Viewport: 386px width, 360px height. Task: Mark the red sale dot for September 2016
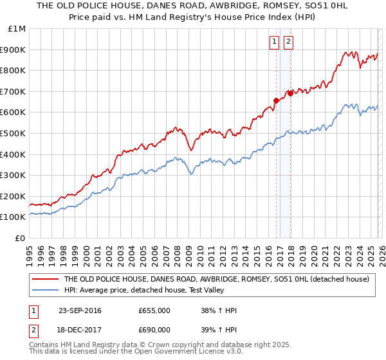point(276,100)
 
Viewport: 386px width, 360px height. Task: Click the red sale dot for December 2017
point(290,93)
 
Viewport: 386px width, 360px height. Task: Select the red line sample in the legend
point(45,279)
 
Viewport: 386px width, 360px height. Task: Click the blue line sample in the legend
point(45,290)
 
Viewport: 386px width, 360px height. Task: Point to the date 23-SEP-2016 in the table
point(80,310)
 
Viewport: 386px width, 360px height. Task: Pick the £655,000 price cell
point(154,310)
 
